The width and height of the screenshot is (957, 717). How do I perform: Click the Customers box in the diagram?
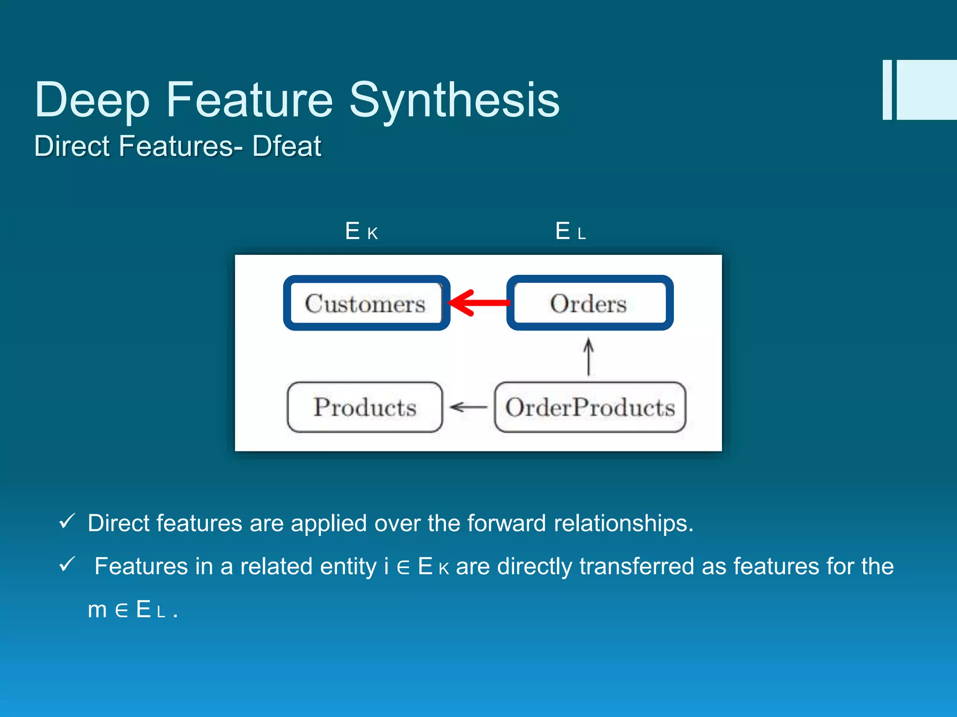[x=366, y=303]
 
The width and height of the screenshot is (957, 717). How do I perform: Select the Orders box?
[x=589, y=303]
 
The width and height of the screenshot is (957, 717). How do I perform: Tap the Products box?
[x=364, y=407]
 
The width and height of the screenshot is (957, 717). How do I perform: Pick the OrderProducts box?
[x=590, y=407]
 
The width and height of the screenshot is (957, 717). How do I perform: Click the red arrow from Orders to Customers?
[x=479, y=303]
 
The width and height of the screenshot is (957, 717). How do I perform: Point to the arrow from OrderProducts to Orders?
[x=589, y=358]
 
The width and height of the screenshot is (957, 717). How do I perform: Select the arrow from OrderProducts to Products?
[x=468, y=407]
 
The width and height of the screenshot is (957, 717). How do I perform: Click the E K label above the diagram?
[x=361, y=231]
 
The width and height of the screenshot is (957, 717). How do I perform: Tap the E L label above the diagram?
[x=570, y=231]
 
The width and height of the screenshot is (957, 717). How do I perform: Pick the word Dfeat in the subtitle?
[x=286, y=146]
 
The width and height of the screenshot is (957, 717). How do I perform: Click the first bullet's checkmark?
[x=67, y=521]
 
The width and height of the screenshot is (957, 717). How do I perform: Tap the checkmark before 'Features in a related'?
[x=67, y=564]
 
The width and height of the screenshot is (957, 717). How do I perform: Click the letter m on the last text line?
[x=97, y=610]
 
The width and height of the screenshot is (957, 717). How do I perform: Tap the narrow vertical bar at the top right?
[x=887, y=90]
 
